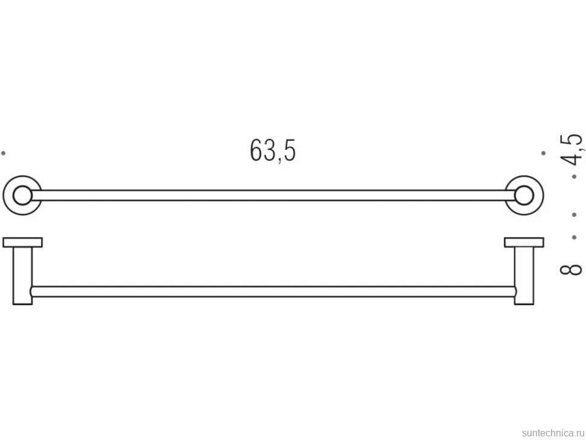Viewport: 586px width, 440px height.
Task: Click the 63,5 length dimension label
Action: pyautogui.click(x=272, y=151)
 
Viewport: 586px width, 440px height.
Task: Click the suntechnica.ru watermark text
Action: pyautogui.click(x=553, y=433)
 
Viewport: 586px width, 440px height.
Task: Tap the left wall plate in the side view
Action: pyautogui.click(x=22, y=242)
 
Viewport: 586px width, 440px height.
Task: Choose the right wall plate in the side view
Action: pyautogui.click(x=524, y=242)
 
